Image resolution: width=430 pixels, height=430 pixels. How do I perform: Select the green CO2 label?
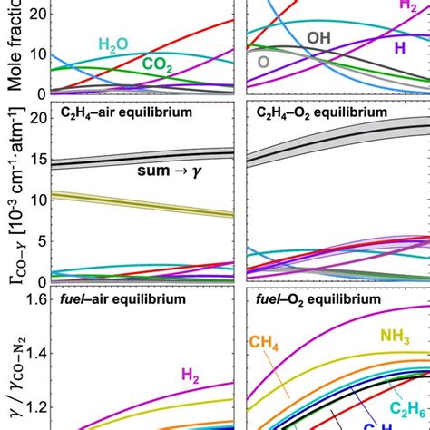coord(160,63)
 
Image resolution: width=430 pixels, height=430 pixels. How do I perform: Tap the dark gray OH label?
coord(319,37)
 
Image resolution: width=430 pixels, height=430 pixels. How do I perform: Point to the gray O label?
coord(263,62)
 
